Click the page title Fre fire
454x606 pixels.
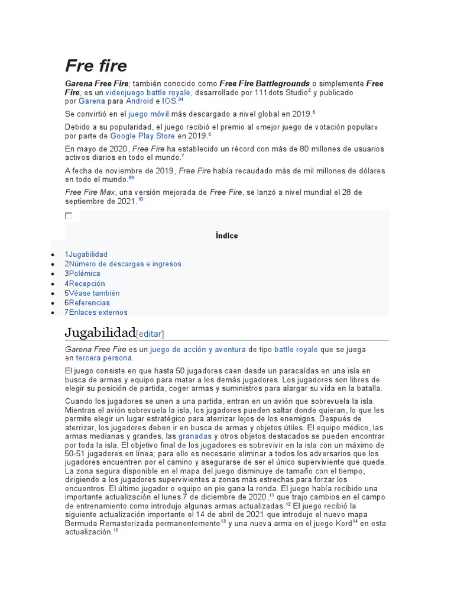[96, 66]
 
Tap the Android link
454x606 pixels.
[140, 102]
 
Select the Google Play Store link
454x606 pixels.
[142, 136]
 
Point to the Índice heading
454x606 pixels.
[227, 236]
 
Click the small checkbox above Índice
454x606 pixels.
[69, 216]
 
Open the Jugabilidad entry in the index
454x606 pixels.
[88, 254]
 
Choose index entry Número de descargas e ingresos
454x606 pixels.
[125, 264]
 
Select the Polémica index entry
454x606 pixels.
[85, 274]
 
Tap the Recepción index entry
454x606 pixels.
[87, 284]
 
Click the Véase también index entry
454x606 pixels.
[94, 294]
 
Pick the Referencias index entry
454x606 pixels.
[89, 303]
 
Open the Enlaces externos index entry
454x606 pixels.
[98, 312]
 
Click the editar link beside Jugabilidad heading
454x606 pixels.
[150, 334]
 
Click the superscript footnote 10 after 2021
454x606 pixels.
[140, 199]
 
